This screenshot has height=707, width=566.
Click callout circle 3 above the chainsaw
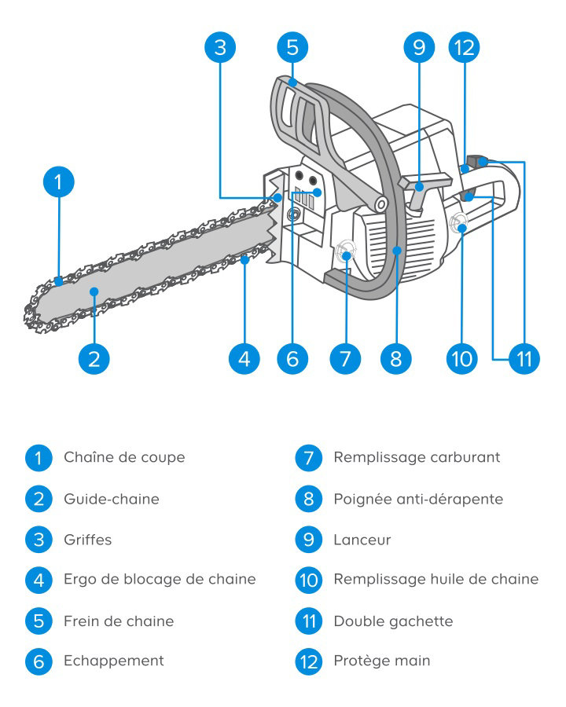click(220, 47)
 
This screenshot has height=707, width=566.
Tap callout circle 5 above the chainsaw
click(292, 47)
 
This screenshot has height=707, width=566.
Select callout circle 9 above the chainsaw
click(419, 47)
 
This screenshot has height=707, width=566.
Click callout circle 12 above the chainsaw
click(464, 47)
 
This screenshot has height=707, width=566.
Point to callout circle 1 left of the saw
click(59, 181)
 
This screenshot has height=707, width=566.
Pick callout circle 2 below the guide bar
click(94, 359)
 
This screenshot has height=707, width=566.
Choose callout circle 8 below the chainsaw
click(396, 359)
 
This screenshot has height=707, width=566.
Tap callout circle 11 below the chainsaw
click(524, 359)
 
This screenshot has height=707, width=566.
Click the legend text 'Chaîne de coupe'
click(124, 457)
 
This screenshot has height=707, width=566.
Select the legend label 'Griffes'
click(87, 540)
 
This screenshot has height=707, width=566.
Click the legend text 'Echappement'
click(114, 661)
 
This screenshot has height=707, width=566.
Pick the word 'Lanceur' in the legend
click(362, 540)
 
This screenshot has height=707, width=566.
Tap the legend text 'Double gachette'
click(394, 621)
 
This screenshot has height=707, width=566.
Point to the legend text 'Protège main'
click(382, 661)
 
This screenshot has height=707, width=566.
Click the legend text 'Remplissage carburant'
click(417, 458)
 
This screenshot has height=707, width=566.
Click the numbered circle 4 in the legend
click(39, 580)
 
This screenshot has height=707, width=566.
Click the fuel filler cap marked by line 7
click(345, 252)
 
